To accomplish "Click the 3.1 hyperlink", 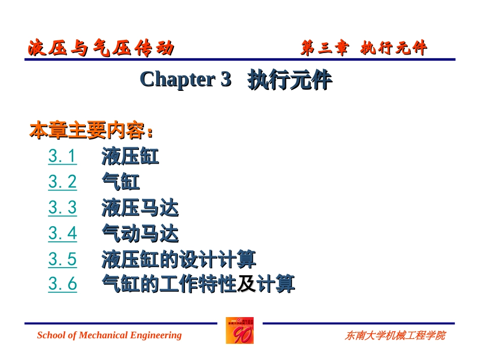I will tap(63, 157).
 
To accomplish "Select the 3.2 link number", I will tap(63, 182).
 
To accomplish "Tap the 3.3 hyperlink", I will tap(63, 208).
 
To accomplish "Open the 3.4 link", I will tap(63, 233).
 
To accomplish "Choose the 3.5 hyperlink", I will tap(63, 260).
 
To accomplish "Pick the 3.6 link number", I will tap(63, 284).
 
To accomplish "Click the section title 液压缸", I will tap(130, 157).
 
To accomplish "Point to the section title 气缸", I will tap(121, 182).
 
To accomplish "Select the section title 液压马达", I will tap(140, 208).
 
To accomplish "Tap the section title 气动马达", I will tap(140, 233).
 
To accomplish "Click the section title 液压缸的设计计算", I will tap(178, 260).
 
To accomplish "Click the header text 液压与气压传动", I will tap(101, 49).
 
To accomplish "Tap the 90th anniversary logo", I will tap(239, 331).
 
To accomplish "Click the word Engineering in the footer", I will tap(156, 335).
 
